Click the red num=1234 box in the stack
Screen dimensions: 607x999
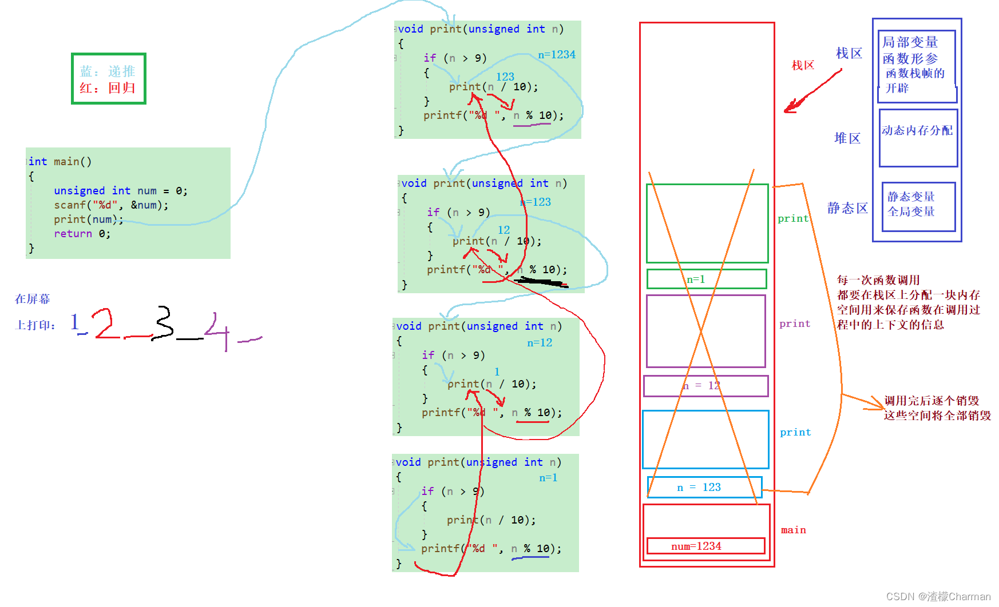pyautogui.click(x=705, y=546)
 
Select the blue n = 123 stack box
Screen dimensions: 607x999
pyautogui.click(x=704, y=487)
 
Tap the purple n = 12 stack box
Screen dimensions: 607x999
pyautogui.click(x=705, y=386)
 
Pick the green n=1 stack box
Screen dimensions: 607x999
pyautogui.click(x=706, y=279)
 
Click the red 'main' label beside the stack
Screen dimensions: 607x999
pyautogui.click(x=793, y=530)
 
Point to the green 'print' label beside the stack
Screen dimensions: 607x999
pyautogui.click(x=792, y=218)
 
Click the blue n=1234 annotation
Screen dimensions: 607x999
pyautogui.click(x=556, y=55)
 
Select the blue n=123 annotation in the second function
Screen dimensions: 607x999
pyautogui.click(x=536, y=202)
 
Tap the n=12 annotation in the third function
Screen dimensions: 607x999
pyautogui.click(x=540, y=342)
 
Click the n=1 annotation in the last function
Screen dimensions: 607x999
pyautogui.click(x=548, y=477)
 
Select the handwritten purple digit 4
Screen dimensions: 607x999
pyautogui.click(x=217, y=330)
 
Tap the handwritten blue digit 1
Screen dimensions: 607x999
pyautogui.click(x=75, y=322)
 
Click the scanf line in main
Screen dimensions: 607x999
pyautogui.click(x=111, y=205)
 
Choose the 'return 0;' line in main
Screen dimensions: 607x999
pyautogui.click(x=82, y=233)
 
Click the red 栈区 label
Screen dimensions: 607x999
pyautogui.click(x=802, y=65)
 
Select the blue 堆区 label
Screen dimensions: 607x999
pyautogui.click(x=847, y=138)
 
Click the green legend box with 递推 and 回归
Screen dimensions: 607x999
pyautogui.click(x=108, y=79)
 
